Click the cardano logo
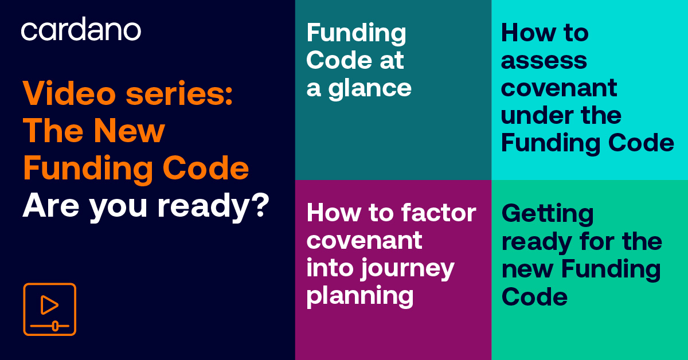tap(81, 30)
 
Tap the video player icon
tap(49, 309)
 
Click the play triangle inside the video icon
tap(49, 305)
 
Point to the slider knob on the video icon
tap(54, 326)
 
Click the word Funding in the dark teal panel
tap(356, 33)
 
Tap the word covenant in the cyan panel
tap(559, 88)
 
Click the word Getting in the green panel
tap(548, 214)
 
